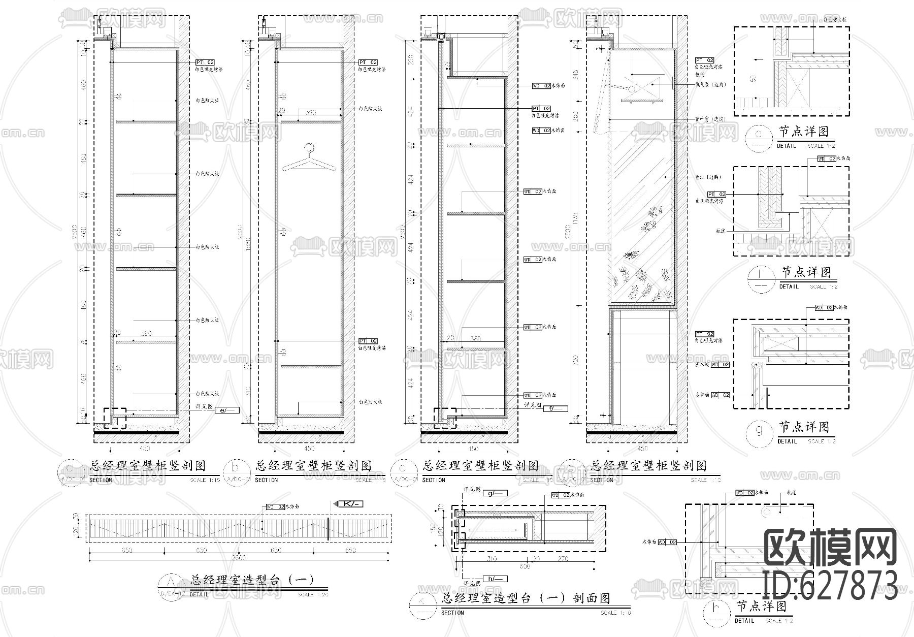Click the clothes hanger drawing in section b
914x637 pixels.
click(x=309, y=158)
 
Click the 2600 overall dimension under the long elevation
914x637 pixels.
click(x=238, y=558)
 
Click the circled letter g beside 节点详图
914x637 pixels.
click(x=760, y=431)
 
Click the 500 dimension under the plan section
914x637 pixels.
click(x=525, y=566)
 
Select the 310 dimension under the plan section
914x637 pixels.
click(x=491, y=559)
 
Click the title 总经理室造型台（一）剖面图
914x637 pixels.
click(x=527, y=598)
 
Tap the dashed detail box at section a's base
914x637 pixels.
click(x=115, y=418)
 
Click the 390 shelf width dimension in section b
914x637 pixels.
click(x=311, y=112)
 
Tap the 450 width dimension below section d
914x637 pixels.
click(x=642, y=449)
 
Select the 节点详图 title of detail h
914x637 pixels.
click(x=761, y=607)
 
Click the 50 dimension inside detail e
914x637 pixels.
click(x=753, y=79)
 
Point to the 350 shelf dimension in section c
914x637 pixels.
click(x=475, y=338)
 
